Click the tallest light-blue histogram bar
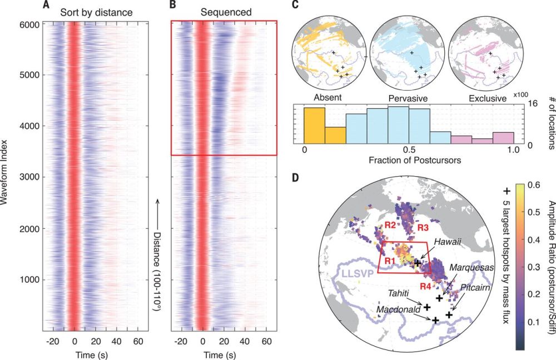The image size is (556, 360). click(399, 126)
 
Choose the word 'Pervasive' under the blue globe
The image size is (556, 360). click(408, 99)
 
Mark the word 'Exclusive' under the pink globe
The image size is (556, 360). click(487, 99)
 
